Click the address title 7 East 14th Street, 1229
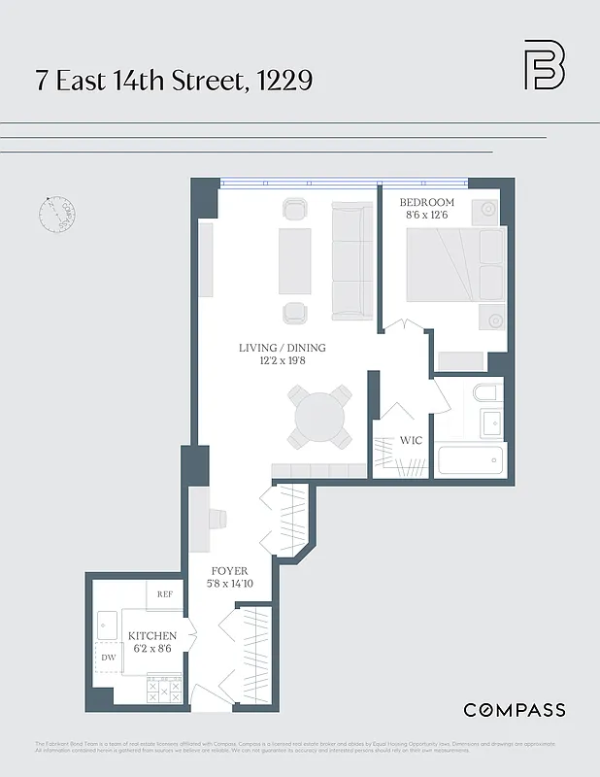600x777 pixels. coord(174,80)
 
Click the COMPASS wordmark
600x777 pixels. coord(514,710)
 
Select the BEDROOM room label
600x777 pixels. coord(427,203)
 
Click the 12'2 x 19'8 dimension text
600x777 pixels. coord(283,361)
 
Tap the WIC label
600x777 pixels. coord(412,440)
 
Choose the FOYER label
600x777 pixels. coord(230,570)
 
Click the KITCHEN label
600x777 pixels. coord(152,636)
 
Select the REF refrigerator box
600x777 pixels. coord(166,593)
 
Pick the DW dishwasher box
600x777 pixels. coord(109,659)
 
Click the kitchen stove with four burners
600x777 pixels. coord(164,690)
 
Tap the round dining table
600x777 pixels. coord(318,417)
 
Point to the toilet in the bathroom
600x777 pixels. coord(484,392)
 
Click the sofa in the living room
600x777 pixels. coord(352,261)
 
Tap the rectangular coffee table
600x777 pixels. coord(295,260)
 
